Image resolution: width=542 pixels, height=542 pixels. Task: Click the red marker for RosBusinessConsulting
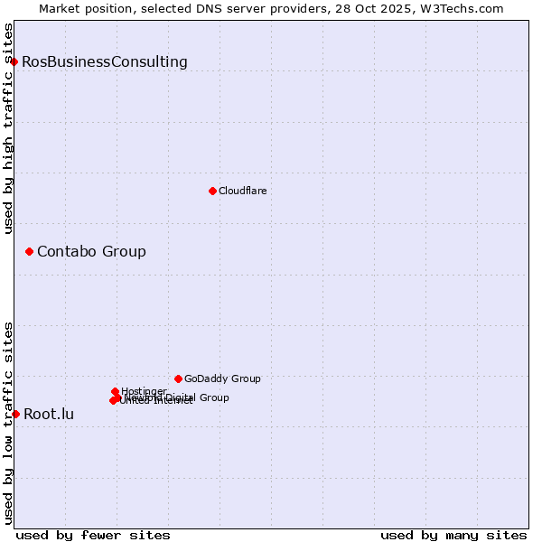pyautogui.click(x=14, y=61)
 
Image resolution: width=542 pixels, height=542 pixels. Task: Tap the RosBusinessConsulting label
pyautogui.click(x=105, y=62)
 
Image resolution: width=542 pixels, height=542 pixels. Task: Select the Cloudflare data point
pyautogui.click(x=212, y=191)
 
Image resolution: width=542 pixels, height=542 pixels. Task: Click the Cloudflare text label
pyautogui.click(x=243, y=191)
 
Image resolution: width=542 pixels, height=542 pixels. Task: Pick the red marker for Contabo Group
pyautogui.click(x=29, y=251)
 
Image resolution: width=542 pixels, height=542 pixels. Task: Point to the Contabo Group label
pyautogui.click(x=91, y=251)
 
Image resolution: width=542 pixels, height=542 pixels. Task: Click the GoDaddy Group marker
pyautogui.click(x=178, y=378)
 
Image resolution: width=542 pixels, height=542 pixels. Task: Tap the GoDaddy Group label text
pyautogui.click(x=222, y=378)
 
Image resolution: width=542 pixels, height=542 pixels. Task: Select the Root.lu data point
pyautogui.click(x=15, y=414)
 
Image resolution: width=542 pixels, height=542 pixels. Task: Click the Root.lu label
pyautogui.click(x=49, y=415)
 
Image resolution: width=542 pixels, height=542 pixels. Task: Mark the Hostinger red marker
pyautogui.click(x=116, y=391)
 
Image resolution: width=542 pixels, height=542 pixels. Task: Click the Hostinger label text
pyautogui.click(x=145, y=391)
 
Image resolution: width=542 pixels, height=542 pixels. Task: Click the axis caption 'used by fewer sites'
pyautogui.click(x=93, y=535)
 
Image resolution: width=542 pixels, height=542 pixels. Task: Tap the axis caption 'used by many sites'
pyautogui.click(x=453, y=535)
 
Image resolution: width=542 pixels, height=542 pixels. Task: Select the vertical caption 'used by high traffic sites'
pyautogui.click(x=8, y=128)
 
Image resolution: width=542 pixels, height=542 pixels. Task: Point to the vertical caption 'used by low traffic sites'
pyautogui.click(x=8, y=423)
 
